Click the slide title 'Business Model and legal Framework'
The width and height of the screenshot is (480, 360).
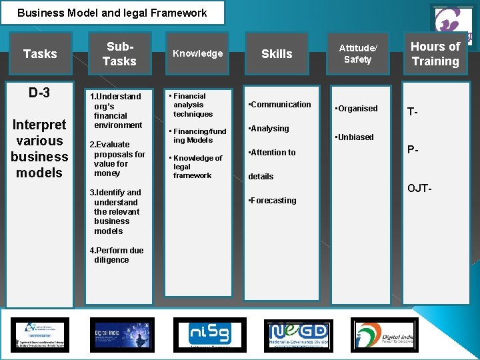pyautogui.click(x=112, y=13)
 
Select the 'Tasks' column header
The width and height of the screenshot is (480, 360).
pyautogui.click(x=40, y=53)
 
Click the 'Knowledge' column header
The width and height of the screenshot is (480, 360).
pyautogui.click(x=198, y=53)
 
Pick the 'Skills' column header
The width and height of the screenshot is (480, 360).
pyautogui.click(x=277, y=53)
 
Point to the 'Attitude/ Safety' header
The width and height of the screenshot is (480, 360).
pyautogui.click(x=358, y=53)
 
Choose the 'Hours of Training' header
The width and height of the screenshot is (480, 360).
pyautogui.click(x=435, y=53)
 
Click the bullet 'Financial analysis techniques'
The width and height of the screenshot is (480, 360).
pyautogui.click(x=191, y=105)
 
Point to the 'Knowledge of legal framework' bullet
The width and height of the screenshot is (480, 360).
pyautogui.click(x=196, y=167)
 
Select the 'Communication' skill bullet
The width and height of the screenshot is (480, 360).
pyautogui.click(x=280, y=104)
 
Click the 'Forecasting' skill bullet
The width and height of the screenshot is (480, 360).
pyautogui.click(x=273, y=200)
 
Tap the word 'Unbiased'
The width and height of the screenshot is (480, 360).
pyautogui.click(x=355, y=137)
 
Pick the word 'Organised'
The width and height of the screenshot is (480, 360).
pyautogui.click(x=357, y=108)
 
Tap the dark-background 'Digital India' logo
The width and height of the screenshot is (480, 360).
pyautogui.click(x=111, y=334)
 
